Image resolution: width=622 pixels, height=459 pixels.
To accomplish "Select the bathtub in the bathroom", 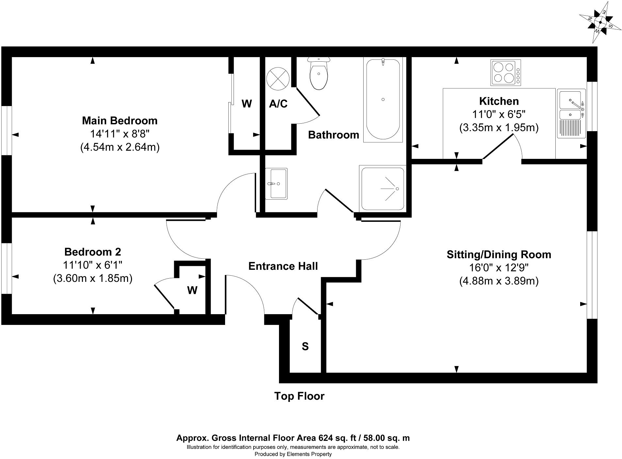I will click(x=383, y=99).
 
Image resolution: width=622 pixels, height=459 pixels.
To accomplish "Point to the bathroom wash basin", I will click(x=276, y=184).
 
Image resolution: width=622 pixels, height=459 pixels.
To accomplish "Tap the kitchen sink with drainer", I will click(x=571, y=114).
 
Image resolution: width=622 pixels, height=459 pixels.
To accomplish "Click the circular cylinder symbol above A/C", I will click(x=278, y=79).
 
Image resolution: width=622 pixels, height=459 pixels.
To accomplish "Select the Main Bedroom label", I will click(x=120, y=121).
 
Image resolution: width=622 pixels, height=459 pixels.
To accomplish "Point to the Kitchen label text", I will click(x=499, y=101).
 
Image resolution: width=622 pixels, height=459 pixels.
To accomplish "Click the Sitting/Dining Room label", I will click(x=499, y=254).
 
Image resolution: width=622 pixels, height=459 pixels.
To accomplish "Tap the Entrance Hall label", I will click(x=283, y=266).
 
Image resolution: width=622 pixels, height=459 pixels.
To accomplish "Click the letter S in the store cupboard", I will click(x=305, y=346).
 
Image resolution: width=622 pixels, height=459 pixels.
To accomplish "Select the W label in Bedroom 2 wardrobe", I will click(x=192, y=290).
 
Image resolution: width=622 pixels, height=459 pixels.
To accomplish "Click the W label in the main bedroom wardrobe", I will click(x=247, y=104).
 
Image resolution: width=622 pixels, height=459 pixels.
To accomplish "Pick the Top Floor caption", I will click(x=299, y=396).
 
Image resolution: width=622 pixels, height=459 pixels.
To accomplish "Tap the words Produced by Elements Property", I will click(x=293, y=454).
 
